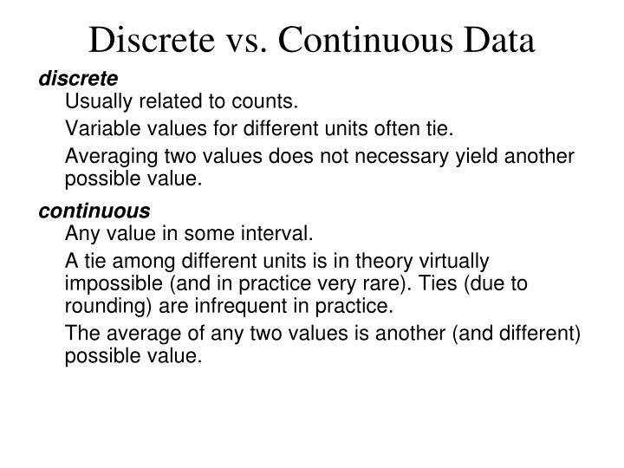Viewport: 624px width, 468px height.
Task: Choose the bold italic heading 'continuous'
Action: [x=94, y=211]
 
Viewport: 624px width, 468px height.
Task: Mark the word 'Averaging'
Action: [x=105, y=157]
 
